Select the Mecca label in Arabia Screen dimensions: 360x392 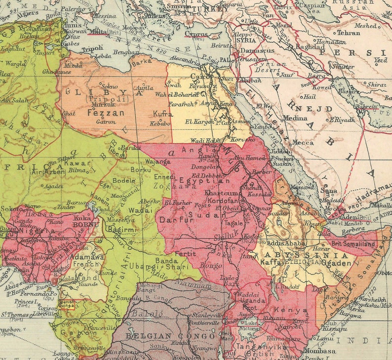[303, 143]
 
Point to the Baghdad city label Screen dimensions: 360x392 [310, 46]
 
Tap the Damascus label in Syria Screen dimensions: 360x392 [258, 51]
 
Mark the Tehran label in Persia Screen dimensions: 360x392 [349, 33]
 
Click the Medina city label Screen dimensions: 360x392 [295, 118]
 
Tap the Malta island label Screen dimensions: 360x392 [97, 31]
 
